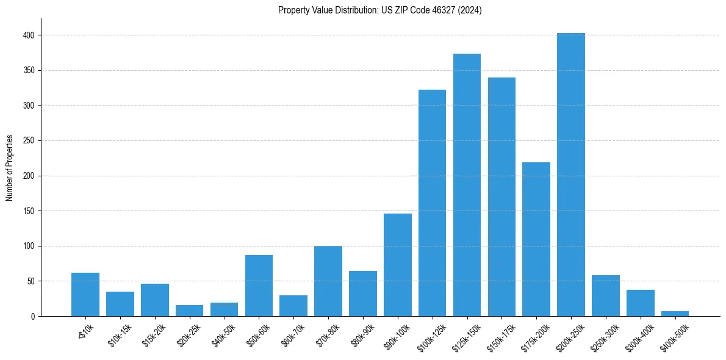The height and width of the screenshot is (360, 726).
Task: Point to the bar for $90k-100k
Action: coord(398,265)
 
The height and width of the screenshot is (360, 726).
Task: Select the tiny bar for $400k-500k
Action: coord(675,314)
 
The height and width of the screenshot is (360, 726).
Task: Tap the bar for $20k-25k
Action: coord(189,311)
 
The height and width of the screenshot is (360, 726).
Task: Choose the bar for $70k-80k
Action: coord(328,281)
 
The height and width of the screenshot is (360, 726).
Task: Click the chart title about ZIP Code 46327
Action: coord(379,10)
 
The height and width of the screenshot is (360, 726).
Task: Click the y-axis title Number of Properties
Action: coord(10,167)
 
